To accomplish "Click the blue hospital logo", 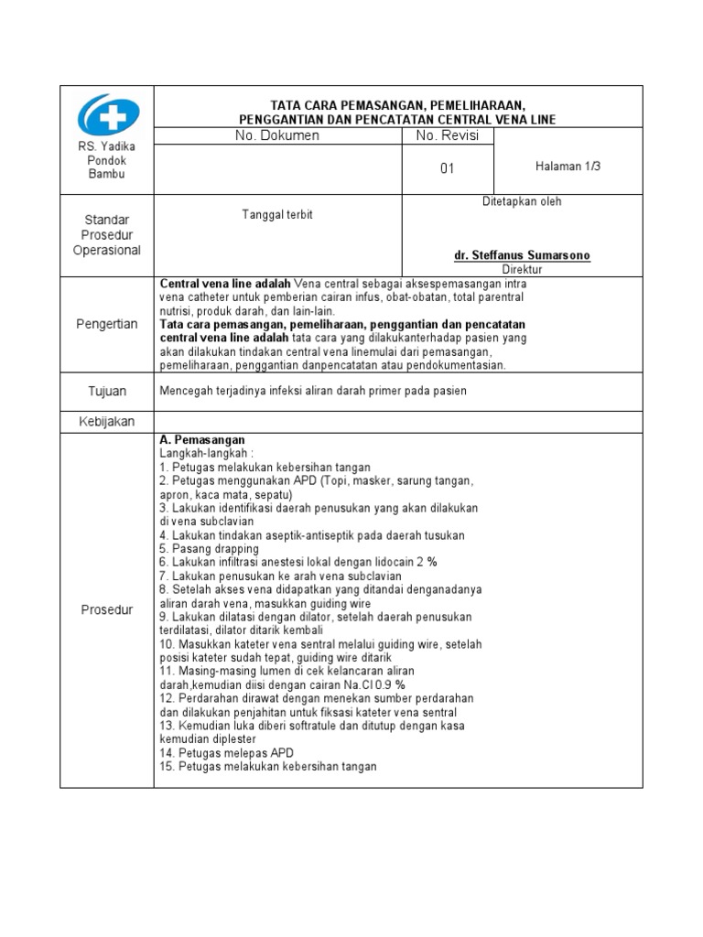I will click(108, 115).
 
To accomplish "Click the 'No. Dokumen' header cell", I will click(277, 135).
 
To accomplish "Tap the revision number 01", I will click(448, 169).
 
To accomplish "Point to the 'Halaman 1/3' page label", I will click(568, 167).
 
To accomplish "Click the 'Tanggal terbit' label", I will click(277, 214).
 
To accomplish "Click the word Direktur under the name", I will click(523, 270).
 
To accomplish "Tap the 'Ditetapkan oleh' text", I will click(522, 201).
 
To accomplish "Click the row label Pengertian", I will click(108, 324).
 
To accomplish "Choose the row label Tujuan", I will click(108, 392).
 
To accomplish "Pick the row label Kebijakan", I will click(108, 422).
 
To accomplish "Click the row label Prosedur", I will click(108, 609).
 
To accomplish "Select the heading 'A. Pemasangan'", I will click(202, 440).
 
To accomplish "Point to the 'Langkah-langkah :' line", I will click(207, 453).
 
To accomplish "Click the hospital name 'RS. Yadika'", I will click(108, 147).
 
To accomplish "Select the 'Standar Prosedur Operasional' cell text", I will click(108, 235).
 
